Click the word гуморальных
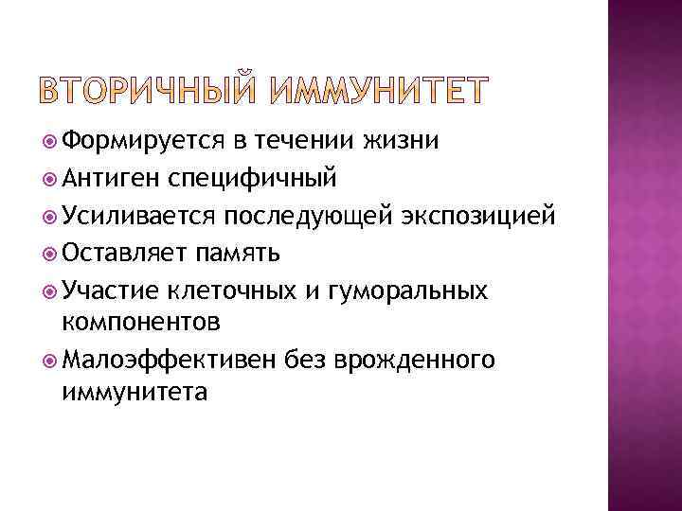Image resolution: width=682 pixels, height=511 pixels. tap(406, 290)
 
